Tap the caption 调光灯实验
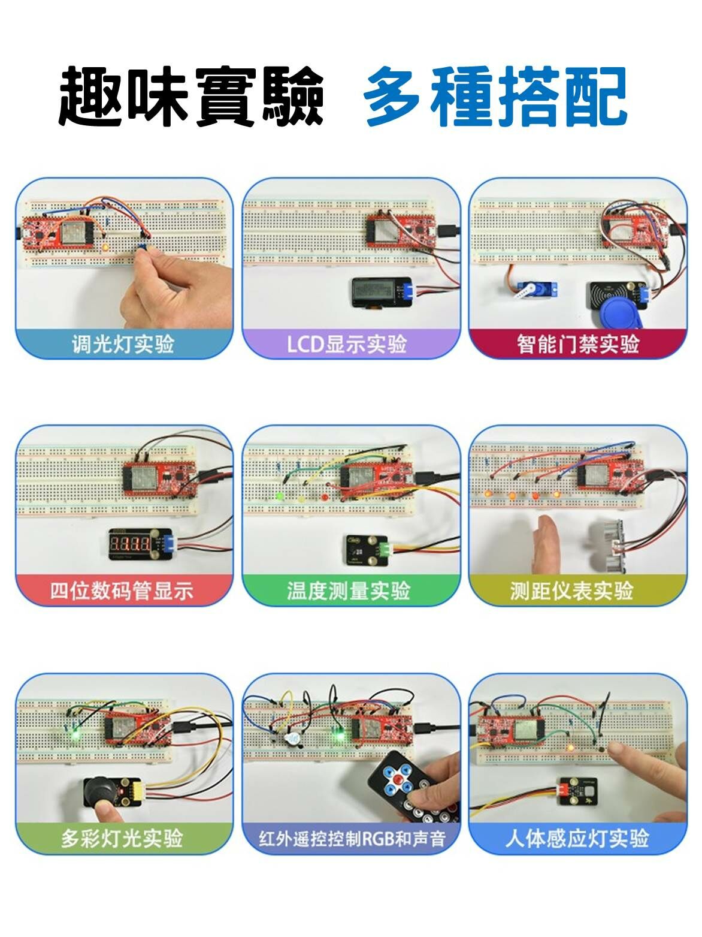click(x=123, y=344)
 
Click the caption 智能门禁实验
click(x=577, y=344)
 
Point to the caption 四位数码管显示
click(x=122, y=590)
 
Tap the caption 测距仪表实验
click(x=571, y=590)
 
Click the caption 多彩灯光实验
click(x=122, y=837)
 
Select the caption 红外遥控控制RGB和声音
click(x=352, y=837)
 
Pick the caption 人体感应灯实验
click(x=577, y=837)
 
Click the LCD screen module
click(x=377, y=293)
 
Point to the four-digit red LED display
click(x=133, y=544)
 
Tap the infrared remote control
click(x=413, y=787)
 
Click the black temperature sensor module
click(x=362, y=549)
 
